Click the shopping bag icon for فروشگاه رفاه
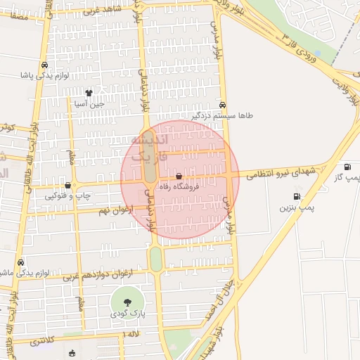click(x=179, y=176)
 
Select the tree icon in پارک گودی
click(x=127, y=302)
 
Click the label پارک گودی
click(x=128, y=314)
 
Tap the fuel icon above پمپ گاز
click(x=347, y=167)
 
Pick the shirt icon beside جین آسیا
click(x=89, y=93)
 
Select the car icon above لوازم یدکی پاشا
click(x=45, y=64)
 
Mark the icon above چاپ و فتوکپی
click(x=67, y=186)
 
